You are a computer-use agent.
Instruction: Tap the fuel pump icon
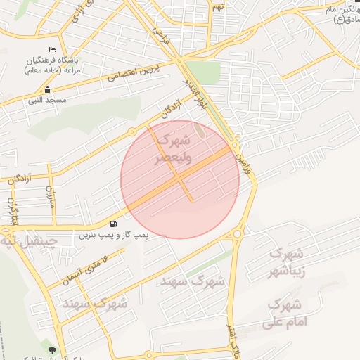pos(114,224)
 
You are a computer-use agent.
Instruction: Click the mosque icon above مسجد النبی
pos(47,90)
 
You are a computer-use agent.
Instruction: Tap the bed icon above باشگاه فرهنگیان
pos(51,49)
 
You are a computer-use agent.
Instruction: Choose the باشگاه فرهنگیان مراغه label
pos(51,65)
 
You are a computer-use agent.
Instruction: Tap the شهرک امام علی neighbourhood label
pos(283,314)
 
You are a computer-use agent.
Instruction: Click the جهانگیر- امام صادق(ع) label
pos(341,14)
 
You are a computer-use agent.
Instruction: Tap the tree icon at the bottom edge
pos(52,349)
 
